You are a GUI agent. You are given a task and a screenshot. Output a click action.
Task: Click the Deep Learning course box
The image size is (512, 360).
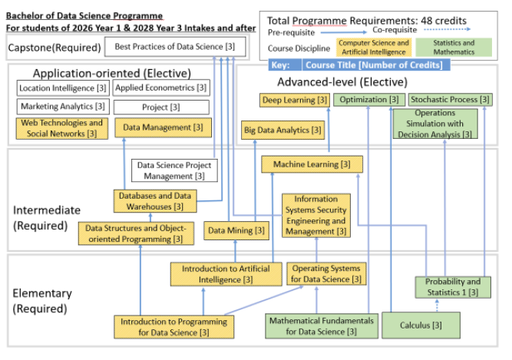295,100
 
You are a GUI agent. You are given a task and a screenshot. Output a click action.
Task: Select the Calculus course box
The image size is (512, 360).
421,325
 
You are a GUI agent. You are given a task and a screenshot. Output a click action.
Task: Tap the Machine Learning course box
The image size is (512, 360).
312,164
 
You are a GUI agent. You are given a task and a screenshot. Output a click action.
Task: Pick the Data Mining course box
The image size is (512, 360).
236,231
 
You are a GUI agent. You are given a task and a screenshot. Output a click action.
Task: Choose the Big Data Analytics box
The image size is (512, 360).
282,130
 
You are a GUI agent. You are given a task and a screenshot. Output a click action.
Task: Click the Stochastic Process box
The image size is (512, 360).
451,100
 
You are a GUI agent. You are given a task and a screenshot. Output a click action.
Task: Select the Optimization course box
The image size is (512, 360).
369,100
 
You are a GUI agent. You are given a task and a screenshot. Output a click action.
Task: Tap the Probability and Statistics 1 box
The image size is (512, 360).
453,287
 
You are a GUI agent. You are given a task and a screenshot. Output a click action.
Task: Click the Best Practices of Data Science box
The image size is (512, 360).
175,47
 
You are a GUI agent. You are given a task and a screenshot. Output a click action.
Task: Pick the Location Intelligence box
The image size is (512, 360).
63,88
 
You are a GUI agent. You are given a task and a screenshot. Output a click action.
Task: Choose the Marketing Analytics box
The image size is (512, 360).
63,107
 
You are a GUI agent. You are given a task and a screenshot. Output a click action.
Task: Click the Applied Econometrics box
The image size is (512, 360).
161,88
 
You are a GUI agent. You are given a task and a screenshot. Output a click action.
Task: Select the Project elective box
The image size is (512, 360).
161,107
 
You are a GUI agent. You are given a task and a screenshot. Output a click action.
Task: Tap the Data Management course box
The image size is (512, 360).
163,127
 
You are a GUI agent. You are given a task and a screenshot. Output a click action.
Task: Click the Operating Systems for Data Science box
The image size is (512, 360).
326,273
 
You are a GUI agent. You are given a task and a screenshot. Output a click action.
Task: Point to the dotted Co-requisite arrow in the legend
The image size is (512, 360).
447,29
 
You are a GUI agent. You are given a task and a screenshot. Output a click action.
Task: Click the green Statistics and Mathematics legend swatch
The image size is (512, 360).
454,48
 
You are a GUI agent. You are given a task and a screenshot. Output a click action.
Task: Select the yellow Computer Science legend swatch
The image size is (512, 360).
374,48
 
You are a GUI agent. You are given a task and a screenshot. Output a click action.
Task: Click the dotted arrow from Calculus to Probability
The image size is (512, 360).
438,306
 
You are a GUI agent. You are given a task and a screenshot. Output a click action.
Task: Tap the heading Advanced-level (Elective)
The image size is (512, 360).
342,82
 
